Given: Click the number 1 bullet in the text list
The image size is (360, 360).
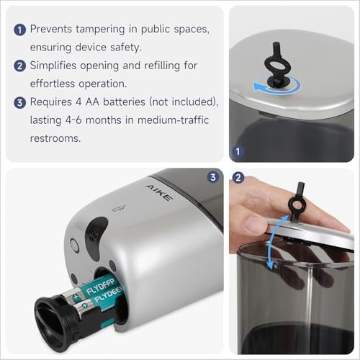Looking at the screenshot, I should click(18, 30).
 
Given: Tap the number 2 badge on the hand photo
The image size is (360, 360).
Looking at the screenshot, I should click(238, 177).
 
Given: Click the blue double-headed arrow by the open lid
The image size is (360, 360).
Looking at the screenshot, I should click(271, 255).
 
